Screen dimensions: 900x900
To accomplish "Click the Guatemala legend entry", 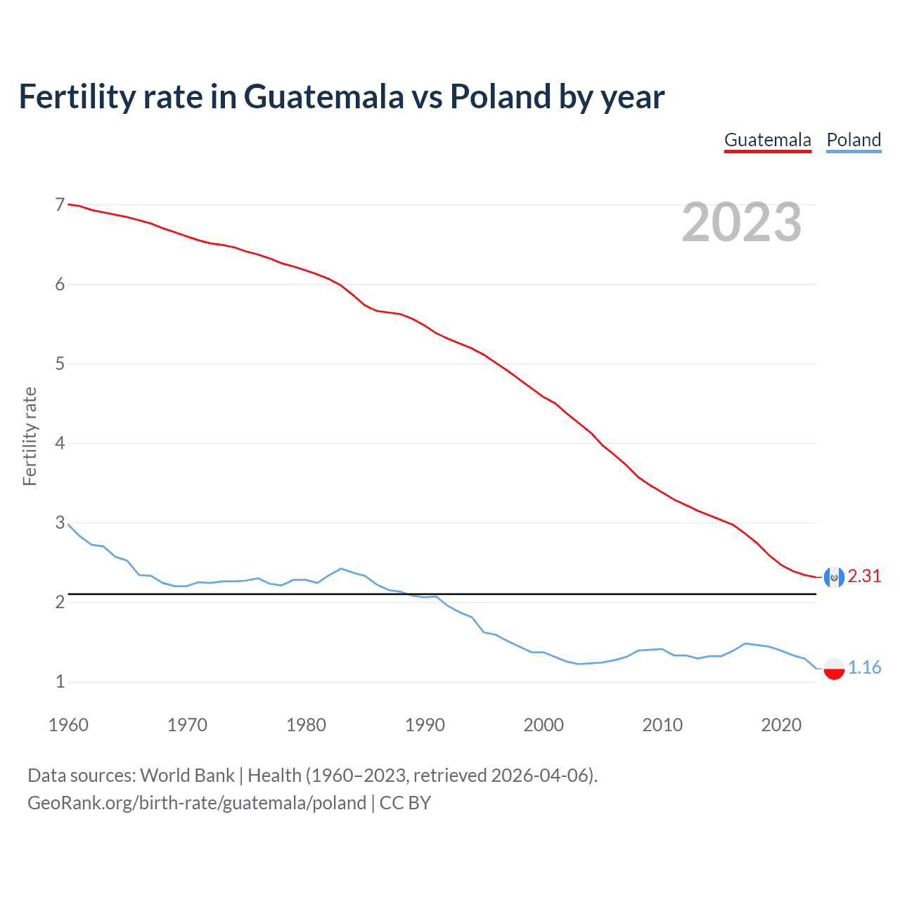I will point(767,140).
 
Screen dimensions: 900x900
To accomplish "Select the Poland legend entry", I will point(854,140).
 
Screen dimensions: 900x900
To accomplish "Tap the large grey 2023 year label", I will point(741,222).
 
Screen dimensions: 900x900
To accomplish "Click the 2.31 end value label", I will point(864,577).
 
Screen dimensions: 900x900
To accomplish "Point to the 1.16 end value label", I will point(864,667).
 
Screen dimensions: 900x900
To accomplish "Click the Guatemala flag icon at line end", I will point(834,577).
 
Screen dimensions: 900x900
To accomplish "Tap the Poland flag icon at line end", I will point(834,668).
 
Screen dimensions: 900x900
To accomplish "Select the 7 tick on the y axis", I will point(60,205).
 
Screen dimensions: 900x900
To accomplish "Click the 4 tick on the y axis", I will point(60,443).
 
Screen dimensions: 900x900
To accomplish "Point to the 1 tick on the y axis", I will point(60,681).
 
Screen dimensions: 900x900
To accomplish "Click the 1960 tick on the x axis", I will point(68,725).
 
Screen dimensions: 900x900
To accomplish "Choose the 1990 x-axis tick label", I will point(425,725).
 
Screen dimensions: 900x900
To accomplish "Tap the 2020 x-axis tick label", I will point(781,725).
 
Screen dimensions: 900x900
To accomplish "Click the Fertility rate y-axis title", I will point(30,436).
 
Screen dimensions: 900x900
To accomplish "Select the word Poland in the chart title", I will point(500,97).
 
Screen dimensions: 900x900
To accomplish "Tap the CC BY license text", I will point(405,803).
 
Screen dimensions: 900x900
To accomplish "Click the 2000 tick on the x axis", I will point(544,725).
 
